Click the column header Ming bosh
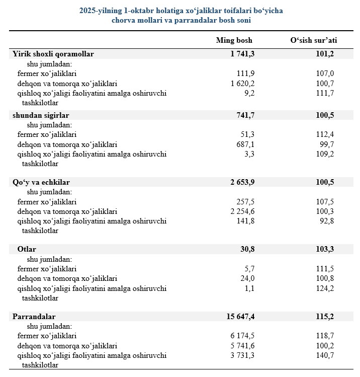click(234, 40)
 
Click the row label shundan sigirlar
click(41, 116)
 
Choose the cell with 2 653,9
click(239, 182)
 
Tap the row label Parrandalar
click(34, 317)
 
